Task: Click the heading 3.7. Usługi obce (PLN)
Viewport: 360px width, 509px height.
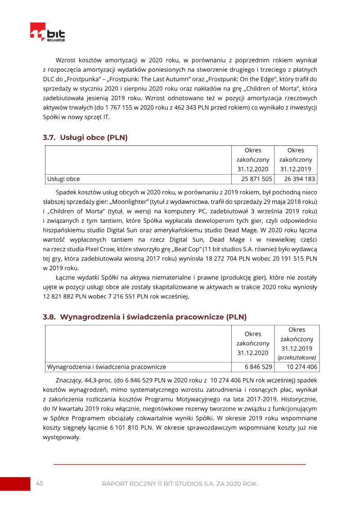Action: pos(85,138)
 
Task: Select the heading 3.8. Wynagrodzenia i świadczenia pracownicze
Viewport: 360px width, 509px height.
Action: pos(144,317)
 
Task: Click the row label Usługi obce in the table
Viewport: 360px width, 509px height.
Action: pos(63,179)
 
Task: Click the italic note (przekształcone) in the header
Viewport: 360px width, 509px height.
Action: pos(297,357)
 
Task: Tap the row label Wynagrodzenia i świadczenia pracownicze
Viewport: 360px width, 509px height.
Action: pos(107,367)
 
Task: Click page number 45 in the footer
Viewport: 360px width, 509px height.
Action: pos(40,483)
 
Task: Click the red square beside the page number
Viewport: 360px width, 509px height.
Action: pos(15,484)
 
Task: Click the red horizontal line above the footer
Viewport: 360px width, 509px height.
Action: pos(180,464)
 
